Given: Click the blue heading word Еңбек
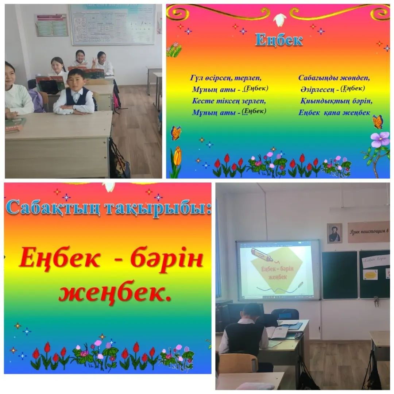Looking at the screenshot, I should (x=279, y=39).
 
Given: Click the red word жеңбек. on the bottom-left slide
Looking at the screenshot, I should (x=115, y=292).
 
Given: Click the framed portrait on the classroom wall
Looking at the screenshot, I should (x=335, y=233).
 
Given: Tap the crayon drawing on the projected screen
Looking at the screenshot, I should (x=262, y=255).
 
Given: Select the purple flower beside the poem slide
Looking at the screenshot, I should (x=379, y=139).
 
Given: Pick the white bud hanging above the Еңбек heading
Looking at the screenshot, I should (x=280, y=19).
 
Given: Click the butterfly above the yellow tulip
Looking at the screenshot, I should (x=176, y=133).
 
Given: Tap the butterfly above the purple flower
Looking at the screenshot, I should (x=377, y=121).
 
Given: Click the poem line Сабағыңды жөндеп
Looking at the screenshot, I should (x=334, y=78).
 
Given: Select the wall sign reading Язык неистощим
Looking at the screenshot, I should (x=368, y=232).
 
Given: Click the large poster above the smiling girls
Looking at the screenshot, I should (x=112, y=24).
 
